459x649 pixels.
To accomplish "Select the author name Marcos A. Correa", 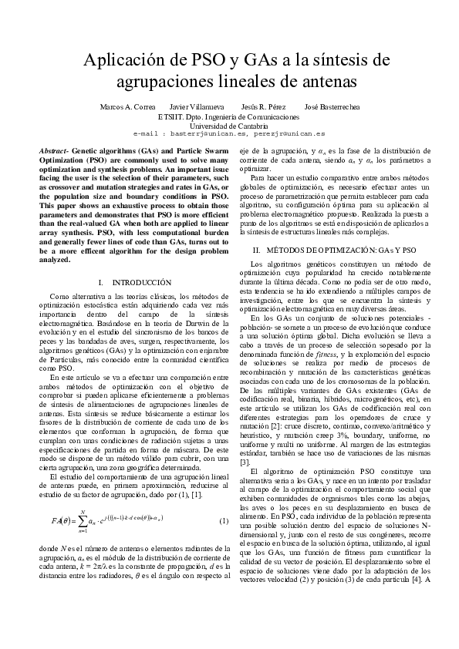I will point(128,107).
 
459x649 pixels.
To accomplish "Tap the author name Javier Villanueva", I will point(196,107).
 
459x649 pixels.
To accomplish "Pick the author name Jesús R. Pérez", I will point(263,107).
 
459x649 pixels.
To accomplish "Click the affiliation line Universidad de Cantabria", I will point(229,125).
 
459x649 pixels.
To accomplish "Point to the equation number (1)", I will point(224,522).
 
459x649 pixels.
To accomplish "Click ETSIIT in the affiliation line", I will point(170,116).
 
